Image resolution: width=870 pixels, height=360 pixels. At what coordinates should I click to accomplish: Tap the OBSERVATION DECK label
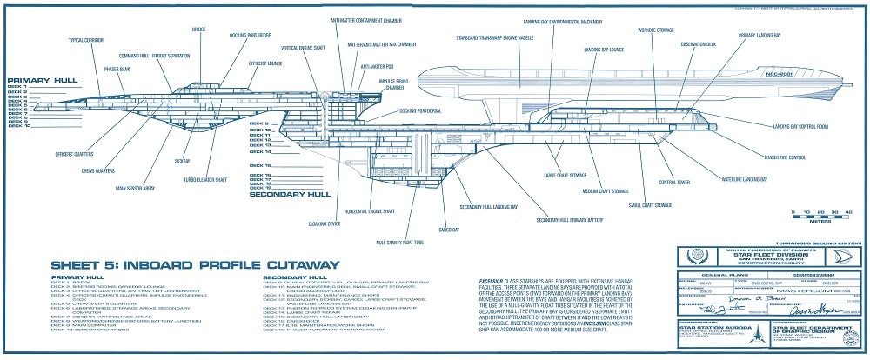(x=698, y=43)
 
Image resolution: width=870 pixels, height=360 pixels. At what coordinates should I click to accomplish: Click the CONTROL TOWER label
(x=674, y=182)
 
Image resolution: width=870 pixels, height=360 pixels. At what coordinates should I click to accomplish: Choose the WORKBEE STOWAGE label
(x=655, y=30)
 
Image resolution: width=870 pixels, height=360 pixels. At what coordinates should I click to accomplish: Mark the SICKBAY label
(x=183, y=161)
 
